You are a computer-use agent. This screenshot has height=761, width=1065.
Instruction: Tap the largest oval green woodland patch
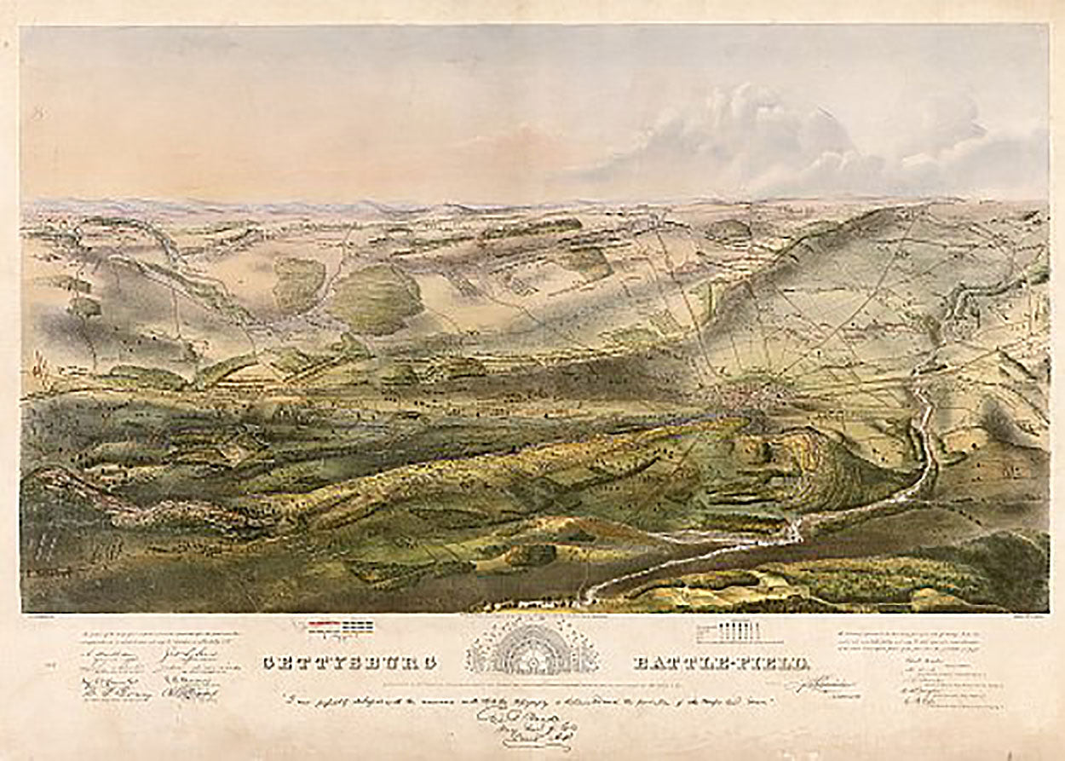point(376,298)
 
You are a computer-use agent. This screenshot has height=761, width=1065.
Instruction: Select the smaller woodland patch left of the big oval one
point(299,282)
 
